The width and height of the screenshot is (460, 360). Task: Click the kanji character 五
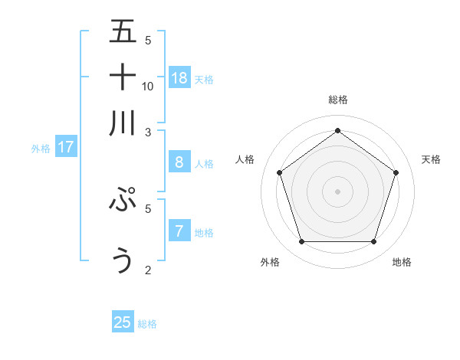coord(123,33)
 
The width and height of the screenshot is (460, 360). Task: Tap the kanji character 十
coord(123,78)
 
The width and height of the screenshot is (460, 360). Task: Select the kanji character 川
coord(123,123)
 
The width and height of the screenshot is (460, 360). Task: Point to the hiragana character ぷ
coord(123,200)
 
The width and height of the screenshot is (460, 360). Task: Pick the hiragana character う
coord(123,260)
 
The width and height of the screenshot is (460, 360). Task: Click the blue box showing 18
coord(179,77)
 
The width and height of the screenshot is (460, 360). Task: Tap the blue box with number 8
coord(179,162)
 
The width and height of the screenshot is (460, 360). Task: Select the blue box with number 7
coord(179,231)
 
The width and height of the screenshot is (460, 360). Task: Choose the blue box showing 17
coord(66,147)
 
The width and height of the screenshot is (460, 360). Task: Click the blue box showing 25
coord(123,322)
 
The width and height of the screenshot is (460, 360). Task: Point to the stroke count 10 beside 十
coord(148,86)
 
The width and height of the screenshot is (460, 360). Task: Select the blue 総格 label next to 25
coord(147,324)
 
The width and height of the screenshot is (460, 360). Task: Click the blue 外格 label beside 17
coord(40,149)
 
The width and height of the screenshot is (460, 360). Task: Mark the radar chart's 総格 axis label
coord(337,100)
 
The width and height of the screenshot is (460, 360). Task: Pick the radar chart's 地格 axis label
coord(402,262)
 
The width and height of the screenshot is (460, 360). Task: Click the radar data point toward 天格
coord(396,172)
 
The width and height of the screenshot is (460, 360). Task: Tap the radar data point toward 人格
coord(279,172)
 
